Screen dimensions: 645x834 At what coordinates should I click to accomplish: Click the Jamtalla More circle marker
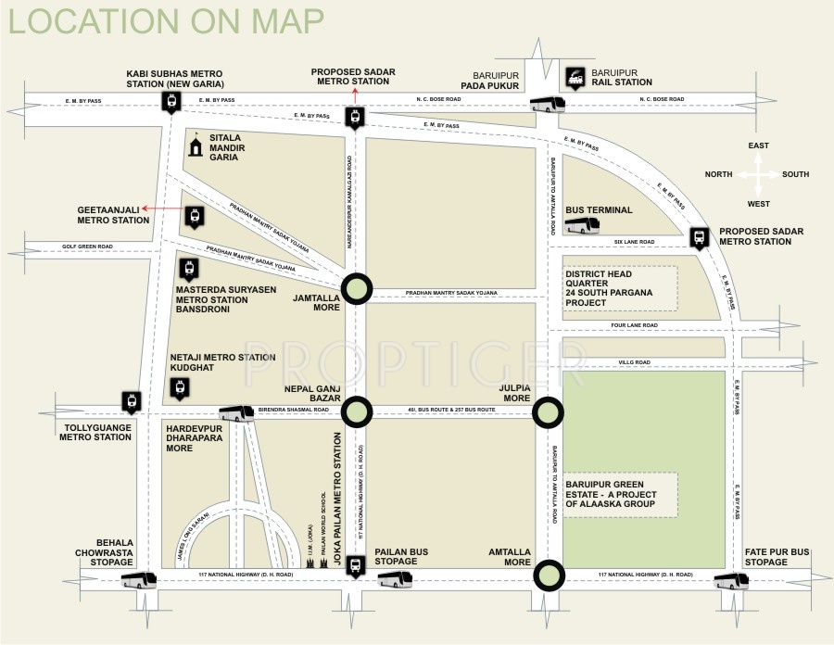[x=357, y=289]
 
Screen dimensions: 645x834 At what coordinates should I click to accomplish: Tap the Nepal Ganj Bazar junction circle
[x=357, y=409]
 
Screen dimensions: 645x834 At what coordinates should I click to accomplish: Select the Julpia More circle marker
[x=548, y=409]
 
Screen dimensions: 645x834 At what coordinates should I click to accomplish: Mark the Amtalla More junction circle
[x=548, y=575]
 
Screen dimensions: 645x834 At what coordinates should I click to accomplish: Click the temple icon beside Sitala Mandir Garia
[x=196, y=147]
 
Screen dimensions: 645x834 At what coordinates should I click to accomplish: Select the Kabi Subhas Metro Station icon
[x=171, y=101]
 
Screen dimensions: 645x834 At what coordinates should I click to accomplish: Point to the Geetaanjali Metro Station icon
[x=194, y=217]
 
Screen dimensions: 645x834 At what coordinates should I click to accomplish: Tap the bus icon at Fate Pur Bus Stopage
[x=731, y=580]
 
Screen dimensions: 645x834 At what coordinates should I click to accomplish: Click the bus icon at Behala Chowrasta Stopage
[x=140, y=580]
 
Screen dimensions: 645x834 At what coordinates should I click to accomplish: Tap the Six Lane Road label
[x=635, y=242]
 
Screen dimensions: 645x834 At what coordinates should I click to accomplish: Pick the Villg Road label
[x=635, y=362]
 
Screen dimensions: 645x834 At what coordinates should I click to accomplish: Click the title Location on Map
[x=167, y=20]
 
